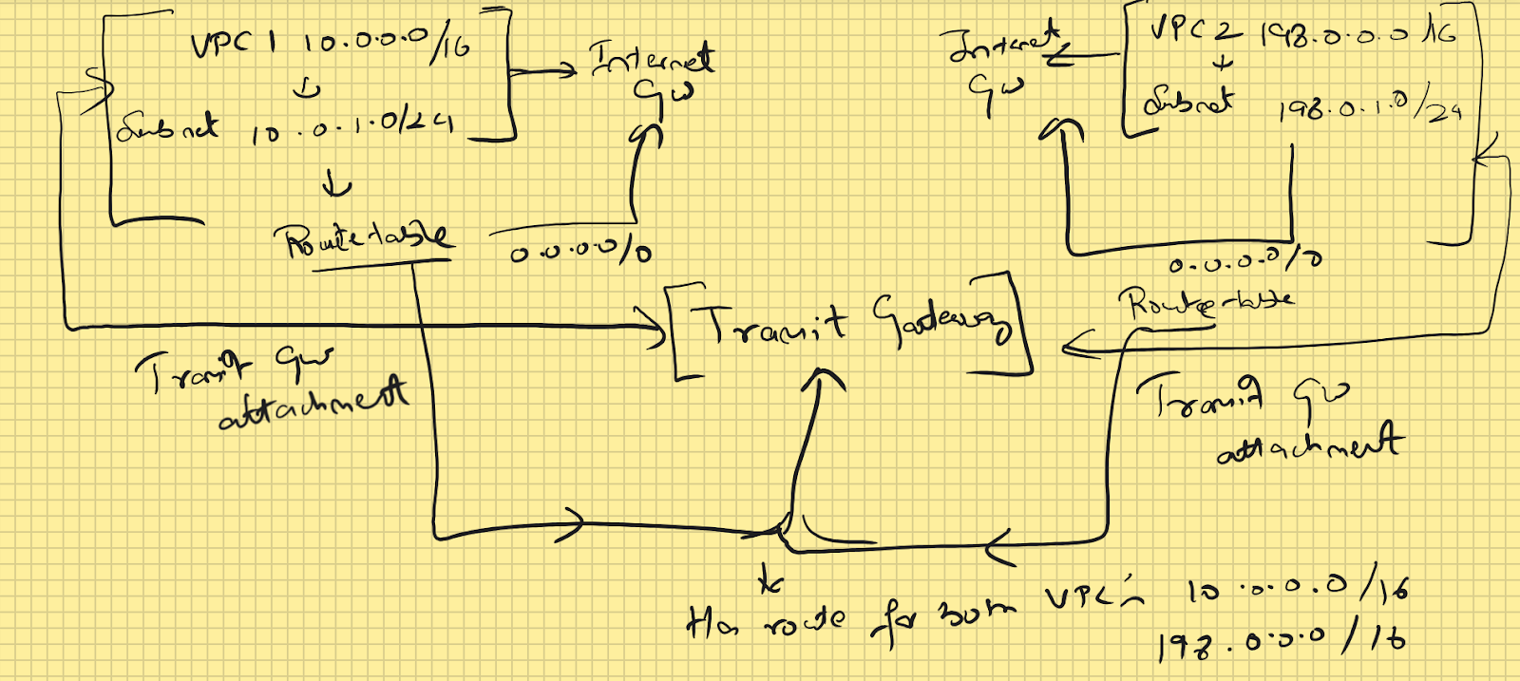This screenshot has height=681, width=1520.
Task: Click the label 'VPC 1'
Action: coord(233,45)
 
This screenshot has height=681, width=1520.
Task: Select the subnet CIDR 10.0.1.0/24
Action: coord(351,128)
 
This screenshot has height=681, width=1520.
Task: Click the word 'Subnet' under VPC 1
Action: coord(167,126)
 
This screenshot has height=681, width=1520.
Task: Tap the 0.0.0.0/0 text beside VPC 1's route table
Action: coord(579,253)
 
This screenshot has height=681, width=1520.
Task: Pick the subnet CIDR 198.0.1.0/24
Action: coord(1369,108)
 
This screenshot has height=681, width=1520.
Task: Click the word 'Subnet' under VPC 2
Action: coord(1188,101)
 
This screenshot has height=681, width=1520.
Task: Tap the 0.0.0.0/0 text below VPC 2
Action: coord(1244,262)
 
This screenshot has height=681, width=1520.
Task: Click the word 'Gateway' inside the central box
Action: coord(941,323)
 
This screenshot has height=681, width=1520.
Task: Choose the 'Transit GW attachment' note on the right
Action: coord(1268,417)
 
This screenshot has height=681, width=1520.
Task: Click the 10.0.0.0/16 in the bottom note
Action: coord(1296,590)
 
